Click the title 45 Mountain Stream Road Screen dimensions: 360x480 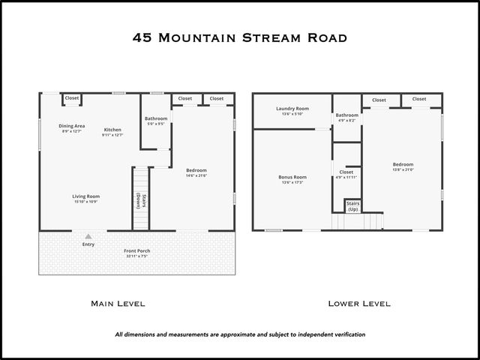point(239,37)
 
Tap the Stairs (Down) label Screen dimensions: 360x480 point(139,201)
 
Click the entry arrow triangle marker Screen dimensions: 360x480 point(88,235)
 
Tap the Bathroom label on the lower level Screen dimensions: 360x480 point(346,116)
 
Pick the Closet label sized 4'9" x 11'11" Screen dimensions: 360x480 point(346,174)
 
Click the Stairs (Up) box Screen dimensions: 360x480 point(353,205)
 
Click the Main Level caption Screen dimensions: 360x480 point(118,304)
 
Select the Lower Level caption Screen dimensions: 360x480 point(359,304)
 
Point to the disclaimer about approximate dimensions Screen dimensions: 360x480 point(240,334)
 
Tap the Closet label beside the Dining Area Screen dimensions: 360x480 point(72,98)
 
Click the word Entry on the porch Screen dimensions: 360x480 point(88,244)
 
